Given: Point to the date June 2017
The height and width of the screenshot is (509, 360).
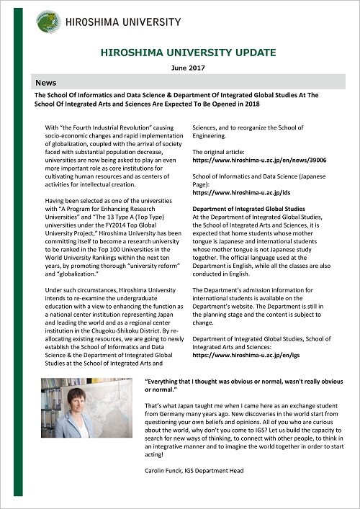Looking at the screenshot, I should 189,67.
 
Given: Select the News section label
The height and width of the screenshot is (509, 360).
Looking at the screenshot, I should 45,83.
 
